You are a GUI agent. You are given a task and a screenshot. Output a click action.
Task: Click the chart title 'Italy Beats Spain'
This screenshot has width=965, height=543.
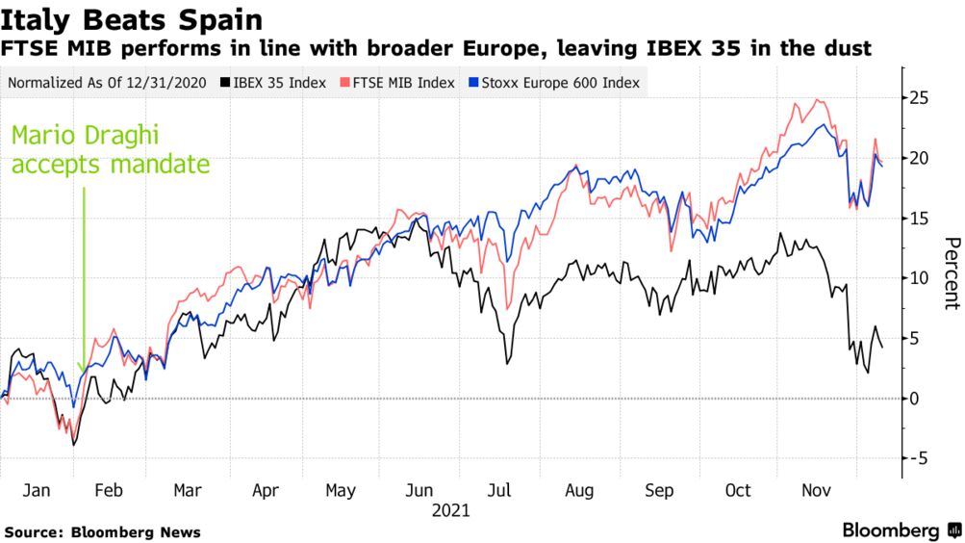132,19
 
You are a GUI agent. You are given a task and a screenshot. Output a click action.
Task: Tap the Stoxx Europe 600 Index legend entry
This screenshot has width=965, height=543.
560,83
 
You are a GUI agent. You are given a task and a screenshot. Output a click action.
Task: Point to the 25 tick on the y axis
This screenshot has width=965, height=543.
922,98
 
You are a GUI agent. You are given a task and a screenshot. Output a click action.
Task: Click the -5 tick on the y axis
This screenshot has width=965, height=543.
922,459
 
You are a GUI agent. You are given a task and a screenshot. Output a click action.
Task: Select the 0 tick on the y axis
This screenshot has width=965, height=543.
919,399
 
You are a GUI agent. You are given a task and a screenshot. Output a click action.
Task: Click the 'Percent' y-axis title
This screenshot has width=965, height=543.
951,273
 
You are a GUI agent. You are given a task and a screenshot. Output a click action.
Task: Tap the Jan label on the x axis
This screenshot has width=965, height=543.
36,491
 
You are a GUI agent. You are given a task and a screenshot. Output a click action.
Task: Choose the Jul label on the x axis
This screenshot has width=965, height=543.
500,491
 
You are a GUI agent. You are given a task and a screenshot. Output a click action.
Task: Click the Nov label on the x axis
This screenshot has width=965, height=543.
816,491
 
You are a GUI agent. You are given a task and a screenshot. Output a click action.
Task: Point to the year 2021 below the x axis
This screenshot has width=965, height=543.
450,510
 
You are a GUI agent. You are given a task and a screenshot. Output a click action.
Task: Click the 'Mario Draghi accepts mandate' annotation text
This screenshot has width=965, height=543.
110,150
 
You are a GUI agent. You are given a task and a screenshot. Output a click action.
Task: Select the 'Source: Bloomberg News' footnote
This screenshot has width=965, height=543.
103,531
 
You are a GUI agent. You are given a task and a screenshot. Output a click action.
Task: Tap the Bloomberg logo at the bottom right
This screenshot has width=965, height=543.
901,530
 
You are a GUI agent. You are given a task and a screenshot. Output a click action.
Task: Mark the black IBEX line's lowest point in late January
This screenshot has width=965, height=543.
74,445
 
